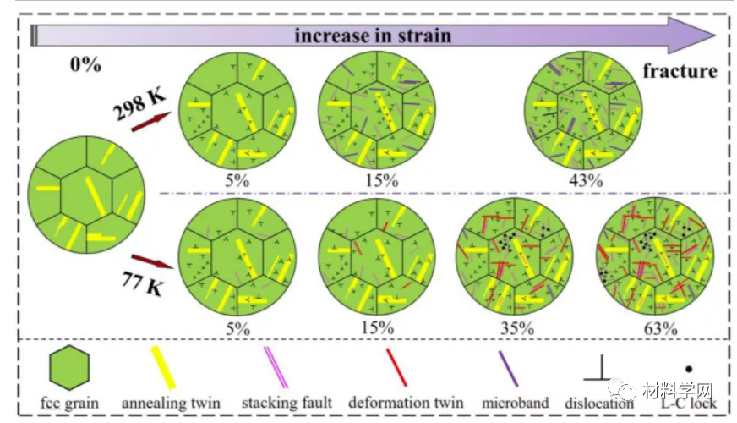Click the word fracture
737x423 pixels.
(680, 70)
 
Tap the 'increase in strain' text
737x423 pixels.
(373, 36)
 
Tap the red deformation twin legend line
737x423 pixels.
(397, 366)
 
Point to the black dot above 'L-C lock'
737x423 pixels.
(688, 369)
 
